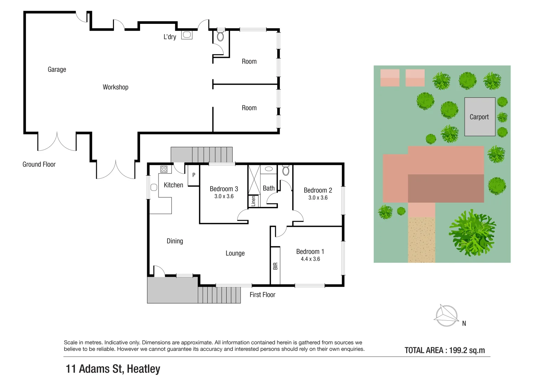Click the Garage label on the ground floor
click(x=57, y=69)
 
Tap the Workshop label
click(x=115, y=87)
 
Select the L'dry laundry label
click(x=170, y=37)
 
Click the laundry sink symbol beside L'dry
click(x=187, y=35)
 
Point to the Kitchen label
click(x=173, y=185)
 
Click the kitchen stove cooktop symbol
click(x=164, y=169)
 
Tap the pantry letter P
click(x=194, y=175)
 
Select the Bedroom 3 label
click(x=224, y=189)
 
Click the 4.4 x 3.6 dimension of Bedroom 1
click(x=310, y=259)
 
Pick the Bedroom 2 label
click(x=318, y=190)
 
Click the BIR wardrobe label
click(x=275, y=266)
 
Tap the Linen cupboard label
click(x=253, y=201)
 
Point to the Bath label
click(x=269, y=188)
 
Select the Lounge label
click(x=235, y=253)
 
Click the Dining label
click(x=175, y=241)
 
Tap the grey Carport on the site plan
click(x=480, y=117)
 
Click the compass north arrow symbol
click(x=446, y=315)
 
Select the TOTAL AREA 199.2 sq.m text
click(x=445, y=350)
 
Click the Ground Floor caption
click(x=39, y=164)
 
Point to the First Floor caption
click(x=263, y=295)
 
